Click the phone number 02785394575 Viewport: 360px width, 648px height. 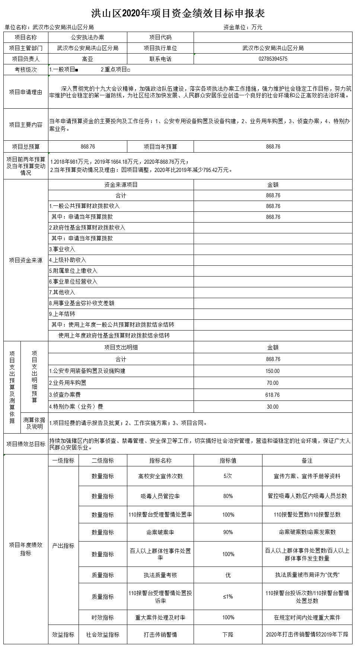point(273,59)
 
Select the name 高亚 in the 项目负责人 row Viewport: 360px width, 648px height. point(87,59)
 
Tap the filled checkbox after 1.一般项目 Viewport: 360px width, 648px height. point(77,70)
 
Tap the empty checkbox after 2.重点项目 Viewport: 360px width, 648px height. point(128,70)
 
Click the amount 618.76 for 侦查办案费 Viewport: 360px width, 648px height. point(273,395)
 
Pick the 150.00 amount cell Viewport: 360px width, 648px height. point(273,371)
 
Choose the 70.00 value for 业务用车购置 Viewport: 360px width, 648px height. point(273,383)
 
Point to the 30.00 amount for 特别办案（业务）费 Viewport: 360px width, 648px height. point(273,407)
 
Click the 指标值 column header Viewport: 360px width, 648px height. point(228,460)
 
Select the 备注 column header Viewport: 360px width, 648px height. point(307,460)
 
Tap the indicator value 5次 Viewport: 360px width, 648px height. point(228,476)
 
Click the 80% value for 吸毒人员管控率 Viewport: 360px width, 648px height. point(228,496)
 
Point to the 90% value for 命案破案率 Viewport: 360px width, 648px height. point(228,532)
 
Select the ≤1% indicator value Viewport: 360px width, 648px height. point(228,597)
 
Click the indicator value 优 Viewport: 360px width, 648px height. point(228,575)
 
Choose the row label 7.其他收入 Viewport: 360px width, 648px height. point(62,292)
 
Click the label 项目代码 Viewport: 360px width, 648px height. point(160,37)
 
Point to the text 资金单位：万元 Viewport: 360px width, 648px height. point(243,27)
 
